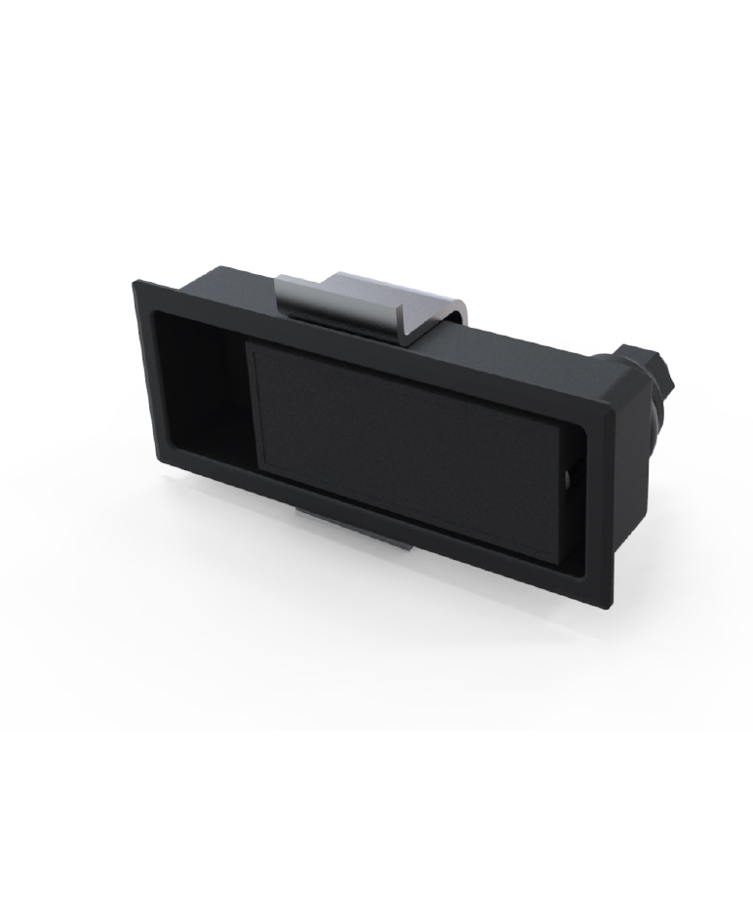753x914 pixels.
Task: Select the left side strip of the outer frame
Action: click(x=146, y=376)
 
